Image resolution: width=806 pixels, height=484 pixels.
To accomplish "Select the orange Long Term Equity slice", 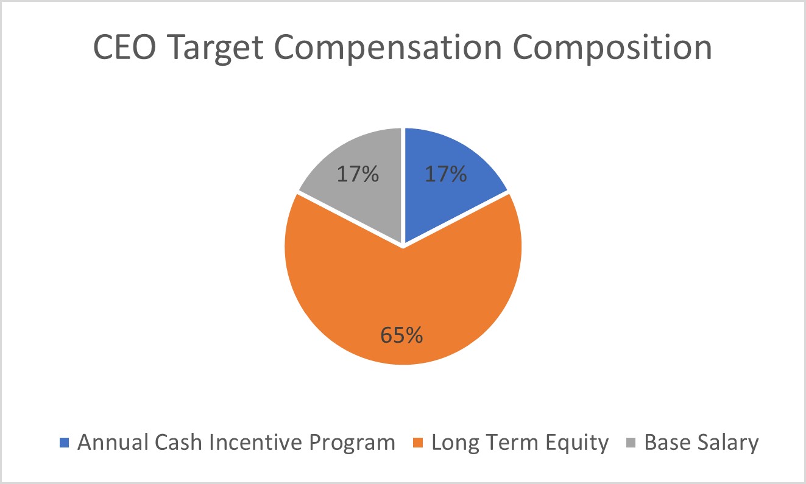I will (402, 292).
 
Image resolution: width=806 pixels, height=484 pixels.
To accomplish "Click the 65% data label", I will (401, 335).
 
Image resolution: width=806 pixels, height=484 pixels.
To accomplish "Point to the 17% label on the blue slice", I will (445, 175).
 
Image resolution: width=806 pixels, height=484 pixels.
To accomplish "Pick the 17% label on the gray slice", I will (358, 175).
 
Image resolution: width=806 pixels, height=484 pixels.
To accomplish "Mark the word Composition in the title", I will (612, 47).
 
